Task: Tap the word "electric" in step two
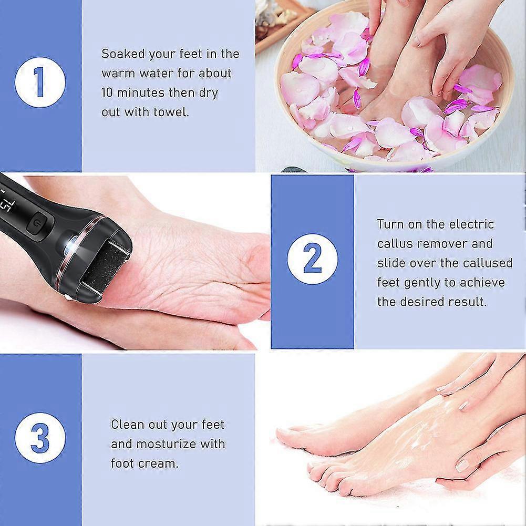click(x=472, y=224)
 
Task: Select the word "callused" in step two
click(x=483, y=263)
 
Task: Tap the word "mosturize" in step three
click(x=166, y=444)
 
